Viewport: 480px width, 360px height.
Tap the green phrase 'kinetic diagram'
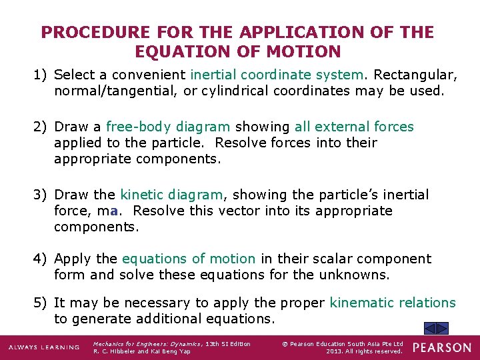(x=171, y=195)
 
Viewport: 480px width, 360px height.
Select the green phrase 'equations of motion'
(x=189, y=259)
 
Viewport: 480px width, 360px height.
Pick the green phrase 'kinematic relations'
(x=393, y=303)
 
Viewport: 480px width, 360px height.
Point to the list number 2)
(x=41, y=127)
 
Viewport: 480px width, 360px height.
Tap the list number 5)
(x=41, y=303)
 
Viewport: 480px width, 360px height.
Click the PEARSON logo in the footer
(x=441, y=348)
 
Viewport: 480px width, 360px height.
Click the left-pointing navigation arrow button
(x=431, y=328)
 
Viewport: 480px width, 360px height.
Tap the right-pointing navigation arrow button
(x=443, y=328)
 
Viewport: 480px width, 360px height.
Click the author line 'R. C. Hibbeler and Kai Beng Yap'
(x=141, y=351)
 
